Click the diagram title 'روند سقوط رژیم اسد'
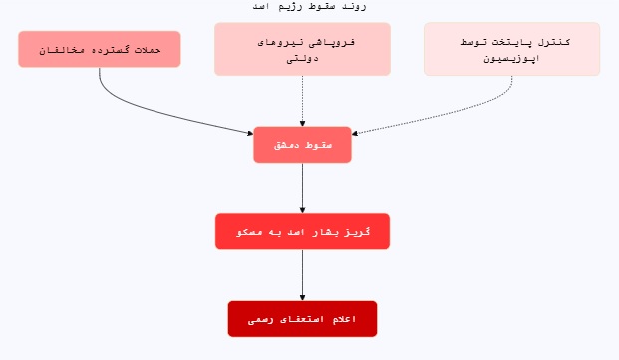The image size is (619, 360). point(310,6)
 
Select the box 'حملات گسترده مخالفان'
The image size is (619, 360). point(100,49)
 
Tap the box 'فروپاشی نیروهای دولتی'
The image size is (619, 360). point(302,49)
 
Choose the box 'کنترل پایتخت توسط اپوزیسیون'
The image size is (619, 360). point(512,49)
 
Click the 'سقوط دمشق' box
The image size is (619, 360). point(302,145)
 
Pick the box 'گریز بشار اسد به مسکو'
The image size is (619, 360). point(302,231)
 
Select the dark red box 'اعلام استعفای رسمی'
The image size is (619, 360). point(302,319)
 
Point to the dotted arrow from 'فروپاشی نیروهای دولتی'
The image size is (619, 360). point(302,100)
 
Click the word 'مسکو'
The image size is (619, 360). point(250,232)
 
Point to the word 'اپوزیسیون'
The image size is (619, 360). point(512,58)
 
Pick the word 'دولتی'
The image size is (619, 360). point(302,58)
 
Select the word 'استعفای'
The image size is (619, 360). point(303,319)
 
